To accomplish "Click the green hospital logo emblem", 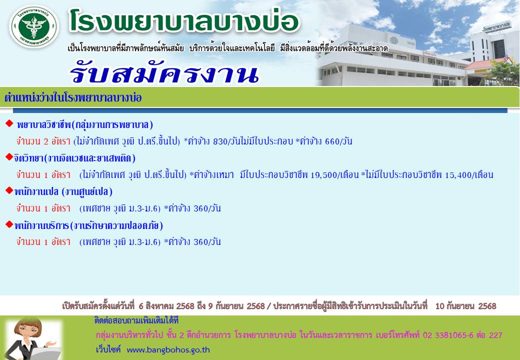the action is (34, 26).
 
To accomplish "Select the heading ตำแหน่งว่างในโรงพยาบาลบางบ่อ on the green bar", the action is (73, 98).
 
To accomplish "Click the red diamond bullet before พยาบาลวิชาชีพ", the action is (9, 123).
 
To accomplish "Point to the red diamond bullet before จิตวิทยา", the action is (9, 157).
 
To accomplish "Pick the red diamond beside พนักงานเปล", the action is (9, 190).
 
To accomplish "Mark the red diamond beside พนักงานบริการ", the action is (9, 224).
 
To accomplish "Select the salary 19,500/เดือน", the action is (335, 174).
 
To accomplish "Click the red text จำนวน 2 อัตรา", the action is (43, 141).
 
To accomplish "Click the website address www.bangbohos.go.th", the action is (168, 349).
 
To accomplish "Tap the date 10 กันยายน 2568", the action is (465, 306).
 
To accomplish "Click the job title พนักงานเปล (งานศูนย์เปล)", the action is (63, 191).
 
